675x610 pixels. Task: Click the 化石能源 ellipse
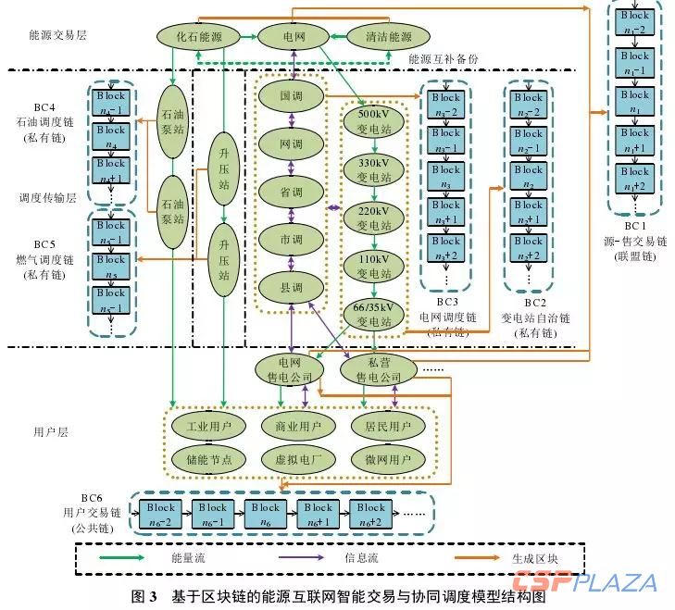point(195,37)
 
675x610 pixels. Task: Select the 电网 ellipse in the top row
point(294,37)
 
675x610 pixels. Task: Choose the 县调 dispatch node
point(292,288)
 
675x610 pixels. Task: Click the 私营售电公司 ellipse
point(377,370)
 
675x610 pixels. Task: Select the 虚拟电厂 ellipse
point(293,458)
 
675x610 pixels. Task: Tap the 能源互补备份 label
point(444,57)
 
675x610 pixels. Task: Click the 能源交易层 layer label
point(56,35)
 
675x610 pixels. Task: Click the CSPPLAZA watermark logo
point(586,583)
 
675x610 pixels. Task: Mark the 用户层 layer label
point(51,431)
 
